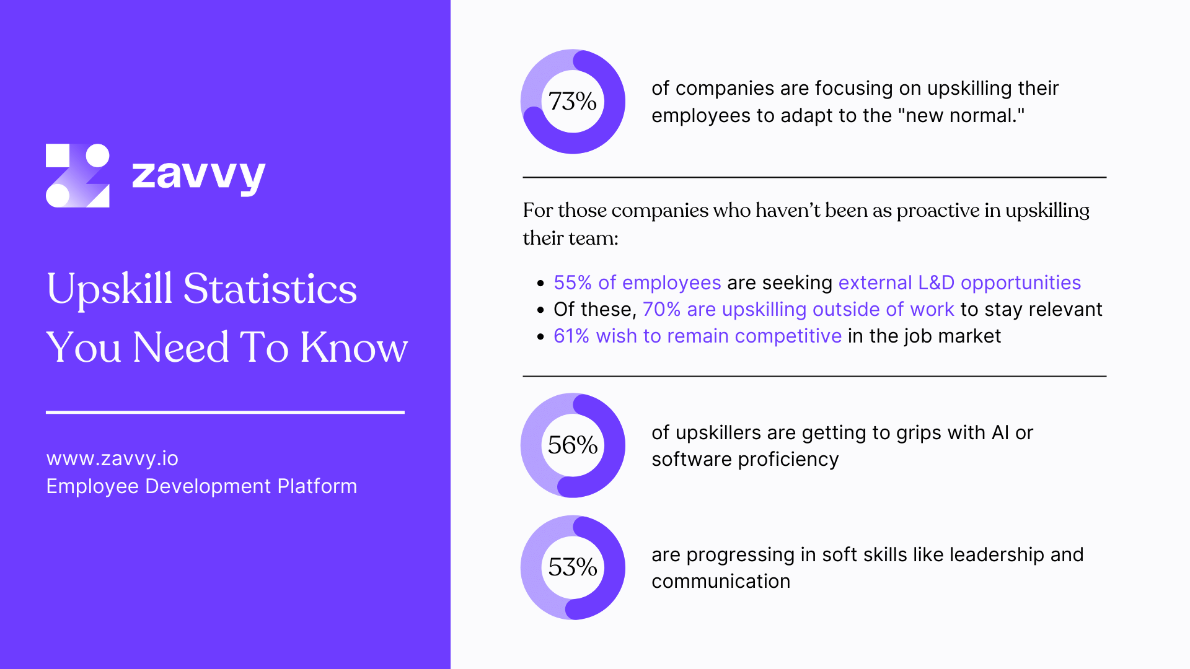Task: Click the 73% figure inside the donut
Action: [572, 102]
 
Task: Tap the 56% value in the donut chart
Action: [572, 445]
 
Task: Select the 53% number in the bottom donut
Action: [572, 567]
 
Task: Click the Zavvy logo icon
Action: [77, 175]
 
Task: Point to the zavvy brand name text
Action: [198, 175]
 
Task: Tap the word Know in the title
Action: [354, 348]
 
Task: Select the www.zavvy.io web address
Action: [112, 458]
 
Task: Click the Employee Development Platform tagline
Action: [201, 486]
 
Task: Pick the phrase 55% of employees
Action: [637, 282]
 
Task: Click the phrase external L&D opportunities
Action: [959, 282]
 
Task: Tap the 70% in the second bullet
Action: [661, 309]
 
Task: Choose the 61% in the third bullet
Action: [571, 336]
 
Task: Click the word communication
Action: [721, 581]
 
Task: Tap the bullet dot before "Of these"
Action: [540, 310]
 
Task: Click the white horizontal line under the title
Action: [225, 412]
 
